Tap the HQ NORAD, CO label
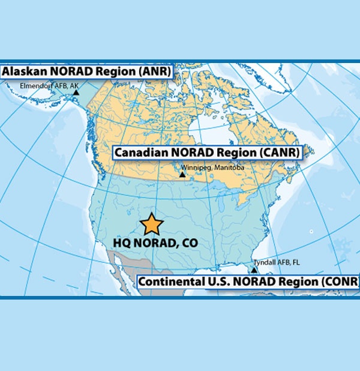click(x=155, y=244)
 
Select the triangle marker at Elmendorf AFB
click(x=76, y=92)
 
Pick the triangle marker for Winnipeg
click(x=182, y=175)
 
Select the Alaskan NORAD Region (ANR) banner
click(x=86, y=72)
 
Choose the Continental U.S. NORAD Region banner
click(x=248, y=282)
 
